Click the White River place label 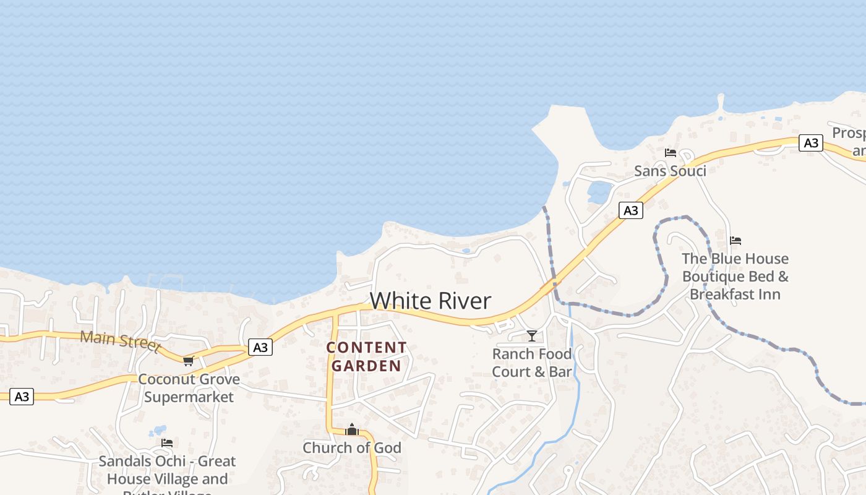point(431,301)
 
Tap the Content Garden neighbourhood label point(367,356)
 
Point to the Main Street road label point(120,339)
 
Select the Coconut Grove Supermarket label point(189,388)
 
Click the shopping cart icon point(188,361)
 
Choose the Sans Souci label point(670,171)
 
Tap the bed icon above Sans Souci point(670,152)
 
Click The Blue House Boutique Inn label point(735,276)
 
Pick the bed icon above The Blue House point(735,241)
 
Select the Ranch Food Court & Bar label point(532,363)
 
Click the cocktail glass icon point(532,336)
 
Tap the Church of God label point(352,447)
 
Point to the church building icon point(352,429)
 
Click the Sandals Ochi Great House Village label point(168,470)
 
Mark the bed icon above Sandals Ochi point(167,443)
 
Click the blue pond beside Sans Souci point(599,192)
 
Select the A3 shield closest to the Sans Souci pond point(630,210)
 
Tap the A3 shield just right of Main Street point(260,347)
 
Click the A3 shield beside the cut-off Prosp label point(810,144)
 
